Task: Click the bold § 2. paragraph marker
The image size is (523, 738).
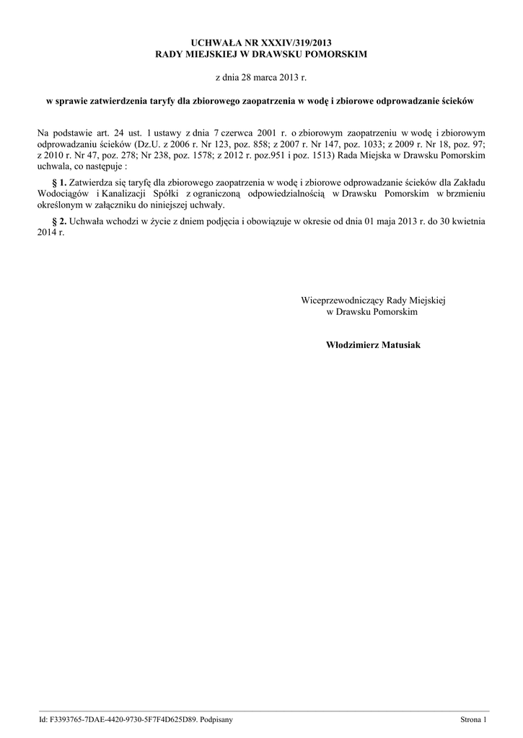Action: (59, 223)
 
